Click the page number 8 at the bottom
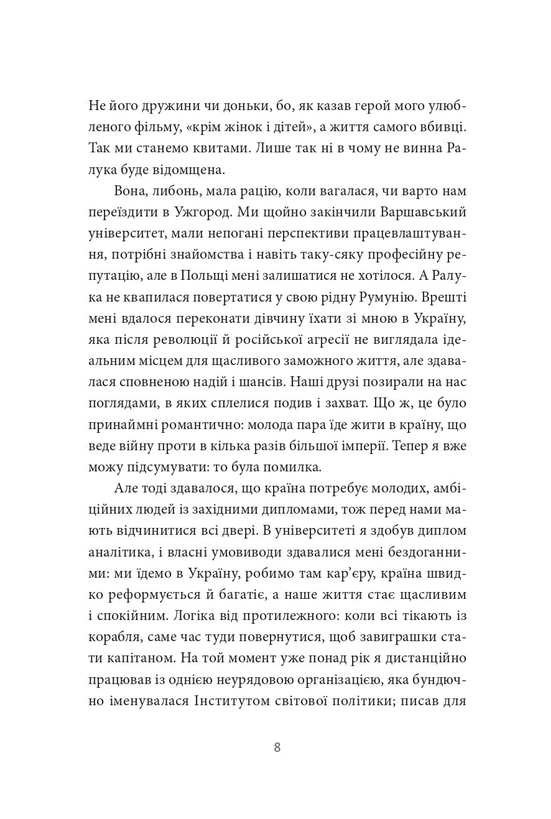tap(277, 747)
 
